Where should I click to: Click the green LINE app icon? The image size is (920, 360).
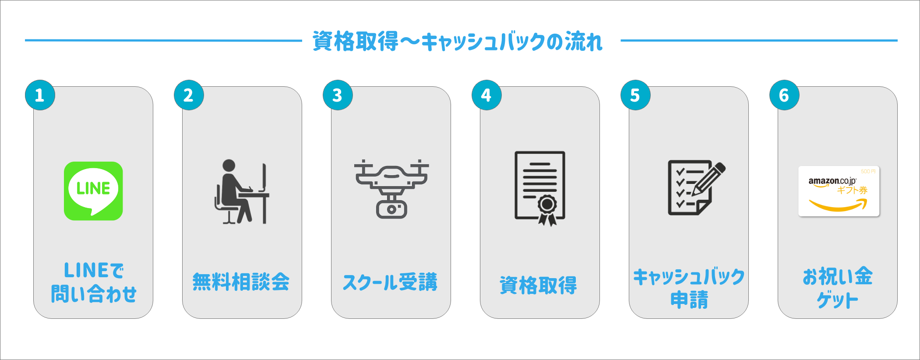[93, 191]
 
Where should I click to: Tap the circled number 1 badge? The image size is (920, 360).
[40, 95]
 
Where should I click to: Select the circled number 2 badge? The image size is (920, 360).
[189, 95]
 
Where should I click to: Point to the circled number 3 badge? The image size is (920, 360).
[338, 95]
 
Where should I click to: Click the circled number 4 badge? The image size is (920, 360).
[486, 95]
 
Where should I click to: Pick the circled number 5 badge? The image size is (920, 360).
[635, 95]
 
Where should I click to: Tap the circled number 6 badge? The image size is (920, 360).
[784, 95]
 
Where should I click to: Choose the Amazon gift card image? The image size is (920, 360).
[839, 191]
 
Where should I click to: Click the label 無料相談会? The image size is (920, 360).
[241, 282]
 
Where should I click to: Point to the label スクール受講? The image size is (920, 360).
[390, 282]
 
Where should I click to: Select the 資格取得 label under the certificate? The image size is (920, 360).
[539, 285]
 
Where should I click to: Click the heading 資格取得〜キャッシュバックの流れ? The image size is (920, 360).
[458, 42]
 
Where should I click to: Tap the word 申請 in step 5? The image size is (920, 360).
[689, 300]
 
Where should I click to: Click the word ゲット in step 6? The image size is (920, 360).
[837, 300]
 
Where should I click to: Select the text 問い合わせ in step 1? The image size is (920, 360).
[94, 294]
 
